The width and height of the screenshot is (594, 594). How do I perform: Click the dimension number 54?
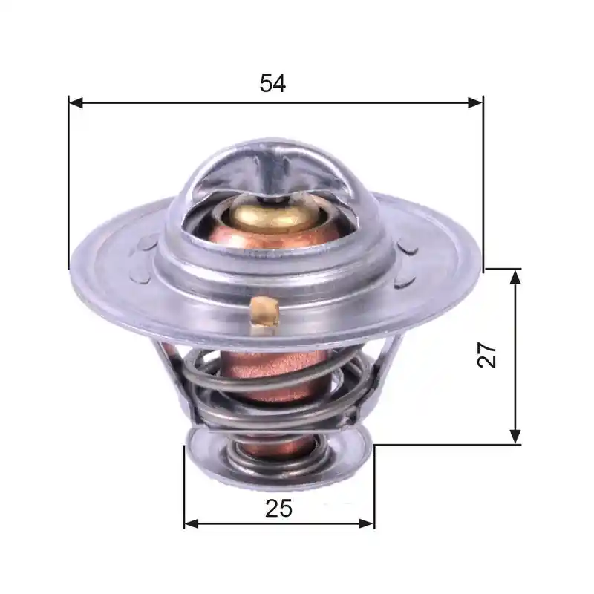(272, 83)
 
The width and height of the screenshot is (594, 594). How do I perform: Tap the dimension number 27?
(487, 355)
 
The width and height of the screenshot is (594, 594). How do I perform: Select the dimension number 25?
(278, 508)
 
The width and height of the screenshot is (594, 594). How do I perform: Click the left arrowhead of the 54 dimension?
(76, 102)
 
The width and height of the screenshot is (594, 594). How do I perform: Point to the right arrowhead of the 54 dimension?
(475, 102)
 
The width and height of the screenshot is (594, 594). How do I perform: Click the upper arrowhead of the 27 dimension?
(515, 277)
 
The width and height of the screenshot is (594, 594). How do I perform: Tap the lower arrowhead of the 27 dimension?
(515, 437)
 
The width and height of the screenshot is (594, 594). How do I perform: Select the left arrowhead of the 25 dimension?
(192, 524)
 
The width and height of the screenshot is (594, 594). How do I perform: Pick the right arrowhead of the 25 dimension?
(366, 524)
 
